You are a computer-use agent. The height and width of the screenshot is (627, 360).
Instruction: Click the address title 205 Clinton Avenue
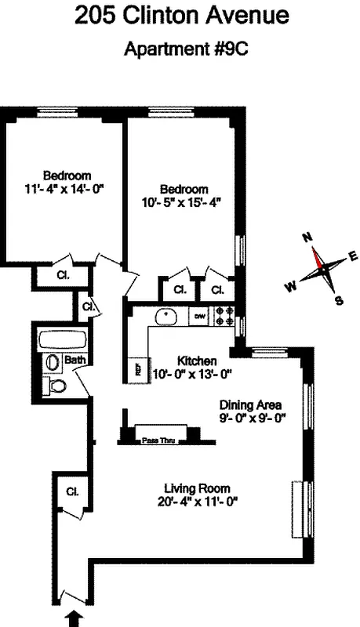181,15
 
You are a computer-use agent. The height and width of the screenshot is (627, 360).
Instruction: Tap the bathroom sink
52,363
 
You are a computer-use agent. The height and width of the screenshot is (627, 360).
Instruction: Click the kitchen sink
165,318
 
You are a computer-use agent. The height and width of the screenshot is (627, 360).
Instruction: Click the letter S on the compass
339,299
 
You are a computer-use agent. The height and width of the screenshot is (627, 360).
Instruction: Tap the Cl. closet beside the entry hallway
72,492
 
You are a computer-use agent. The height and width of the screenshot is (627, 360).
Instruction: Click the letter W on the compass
290,287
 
